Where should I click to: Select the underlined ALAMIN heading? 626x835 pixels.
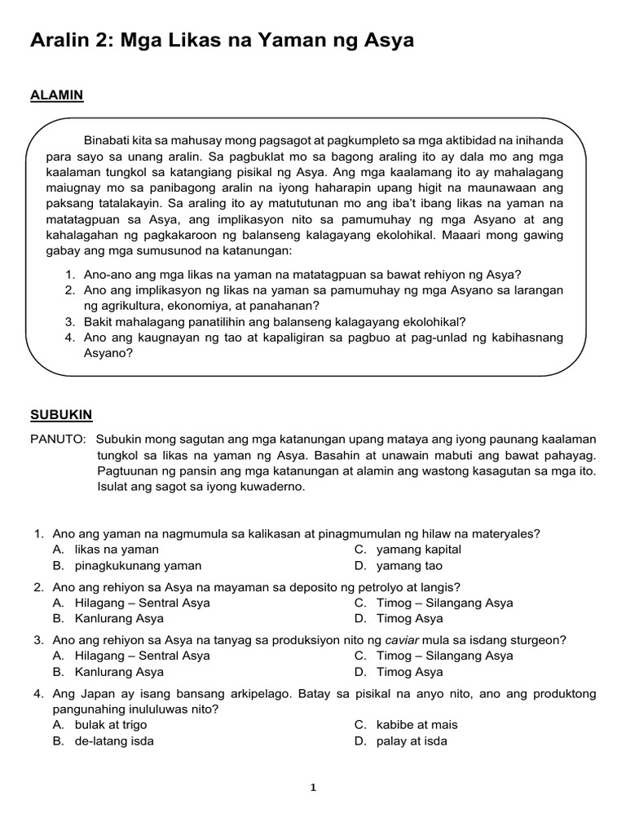(x=56, y=95)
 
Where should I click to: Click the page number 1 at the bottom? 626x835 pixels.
(x=313, y=788)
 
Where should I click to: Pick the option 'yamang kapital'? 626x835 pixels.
(x=419, y=550)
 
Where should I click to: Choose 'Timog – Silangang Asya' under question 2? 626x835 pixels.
(x=444, y=603)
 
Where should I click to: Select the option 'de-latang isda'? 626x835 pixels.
(x=114, y=741)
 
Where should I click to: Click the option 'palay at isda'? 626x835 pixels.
(x=412, y=741)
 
